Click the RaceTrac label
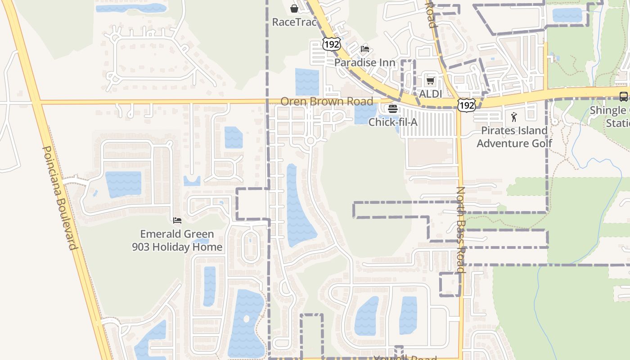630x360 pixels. click(294, 22)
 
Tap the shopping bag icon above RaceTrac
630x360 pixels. click(294, 9)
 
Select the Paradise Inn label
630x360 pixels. click(364, 63)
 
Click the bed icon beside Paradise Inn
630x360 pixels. click(365, 49)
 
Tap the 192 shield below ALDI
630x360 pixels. click(465, 105)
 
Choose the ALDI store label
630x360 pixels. click(430, 94)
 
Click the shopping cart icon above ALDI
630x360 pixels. click(430, 81)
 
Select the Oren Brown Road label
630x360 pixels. click(327, 101)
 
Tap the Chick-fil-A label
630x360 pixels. click(393, 122)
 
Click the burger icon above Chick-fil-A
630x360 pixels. click(393, 108)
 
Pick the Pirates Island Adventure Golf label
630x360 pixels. click(514, 137)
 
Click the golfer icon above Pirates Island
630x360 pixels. click(514, 117)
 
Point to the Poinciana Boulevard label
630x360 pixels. click(60, 198)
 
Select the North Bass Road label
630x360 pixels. click(460, 229)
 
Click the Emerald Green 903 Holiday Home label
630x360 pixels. click(177, 240)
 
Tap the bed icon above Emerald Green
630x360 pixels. click(177, 220)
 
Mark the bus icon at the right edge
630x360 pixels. click(623, 96)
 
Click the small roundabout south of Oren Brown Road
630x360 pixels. click(310, 141)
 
